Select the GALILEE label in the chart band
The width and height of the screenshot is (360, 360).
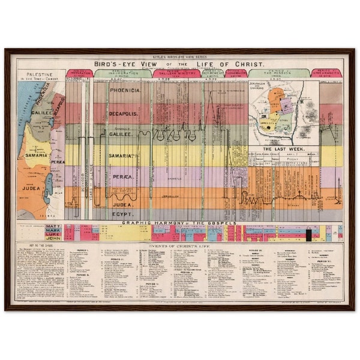click(122, 135)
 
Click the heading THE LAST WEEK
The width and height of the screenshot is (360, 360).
click(283, 148)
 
